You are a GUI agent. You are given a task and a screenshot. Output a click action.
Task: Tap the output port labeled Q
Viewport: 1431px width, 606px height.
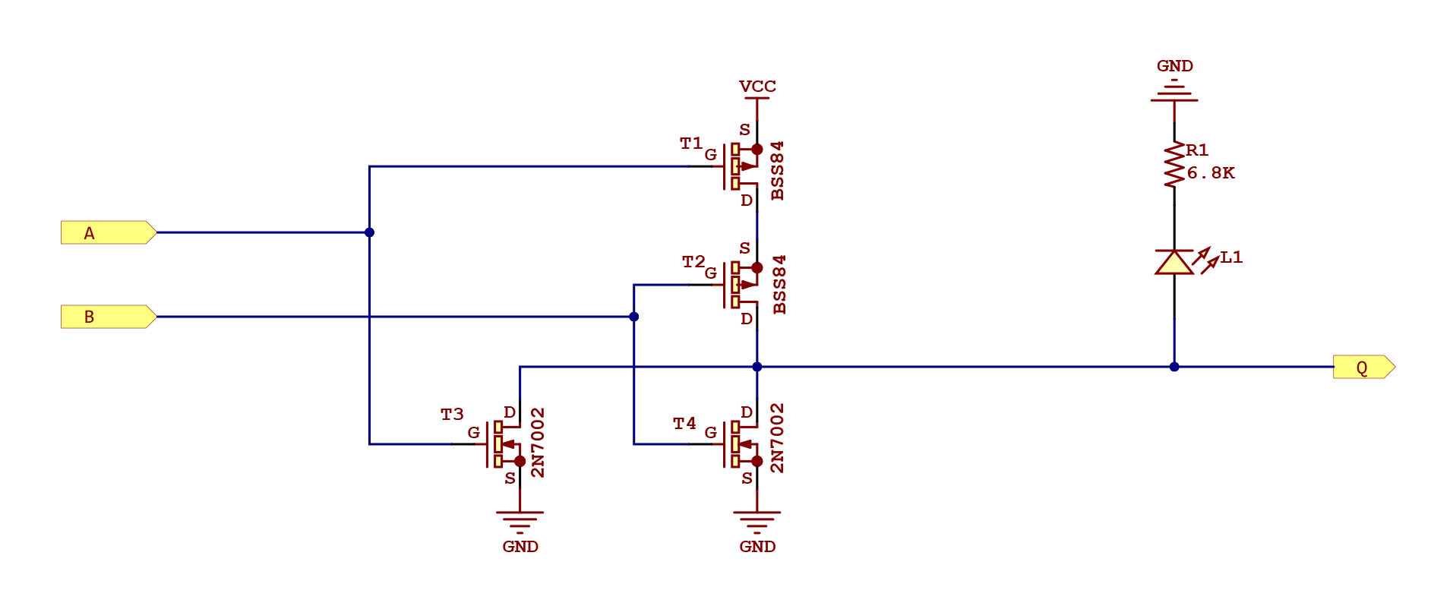1363,367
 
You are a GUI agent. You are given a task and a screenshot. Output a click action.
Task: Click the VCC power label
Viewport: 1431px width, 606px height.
757,87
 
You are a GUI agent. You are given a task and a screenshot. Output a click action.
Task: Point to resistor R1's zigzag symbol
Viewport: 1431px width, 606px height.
1174,165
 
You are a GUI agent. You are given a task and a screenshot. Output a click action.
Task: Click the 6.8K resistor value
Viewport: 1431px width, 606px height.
1211,173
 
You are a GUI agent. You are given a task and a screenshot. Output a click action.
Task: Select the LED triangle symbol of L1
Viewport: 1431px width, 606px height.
1174,262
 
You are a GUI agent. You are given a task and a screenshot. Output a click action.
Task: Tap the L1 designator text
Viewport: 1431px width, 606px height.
1231,257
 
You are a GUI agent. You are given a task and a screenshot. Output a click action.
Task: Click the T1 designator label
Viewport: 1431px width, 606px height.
690,144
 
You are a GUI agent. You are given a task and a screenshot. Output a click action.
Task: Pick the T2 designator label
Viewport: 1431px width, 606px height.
693,262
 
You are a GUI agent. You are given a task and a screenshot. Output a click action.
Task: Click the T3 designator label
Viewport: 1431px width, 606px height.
452,415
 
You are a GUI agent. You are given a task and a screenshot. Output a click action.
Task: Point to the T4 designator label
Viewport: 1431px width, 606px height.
684,424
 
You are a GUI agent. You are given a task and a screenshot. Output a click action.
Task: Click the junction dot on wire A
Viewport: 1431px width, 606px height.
369,232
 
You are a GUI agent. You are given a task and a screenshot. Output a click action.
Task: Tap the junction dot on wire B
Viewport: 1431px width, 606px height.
633,317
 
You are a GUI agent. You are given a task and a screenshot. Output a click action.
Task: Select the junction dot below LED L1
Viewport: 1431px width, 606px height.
1174,367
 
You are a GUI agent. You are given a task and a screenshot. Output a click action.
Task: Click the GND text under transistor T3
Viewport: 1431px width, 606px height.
520,547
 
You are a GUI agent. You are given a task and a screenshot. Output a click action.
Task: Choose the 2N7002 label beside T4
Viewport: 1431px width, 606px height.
777,438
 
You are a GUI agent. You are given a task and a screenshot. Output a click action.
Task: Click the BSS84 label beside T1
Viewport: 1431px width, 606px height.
777,171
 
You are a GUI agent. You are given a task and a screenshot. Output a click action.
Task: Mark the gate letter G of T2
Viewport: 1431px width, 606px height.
710,273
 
